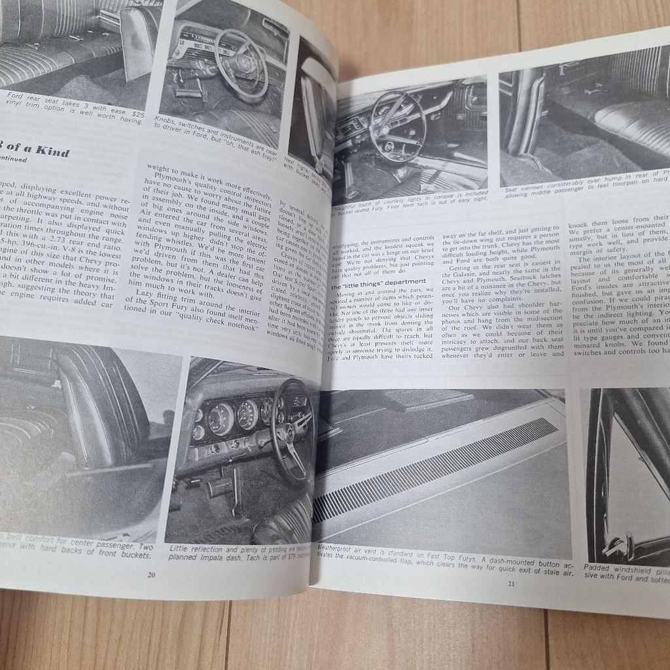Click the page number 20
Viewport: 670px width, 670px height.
(x=152, y=574)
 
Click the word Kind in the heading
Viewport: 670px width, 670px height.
(x=52, y=152)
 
